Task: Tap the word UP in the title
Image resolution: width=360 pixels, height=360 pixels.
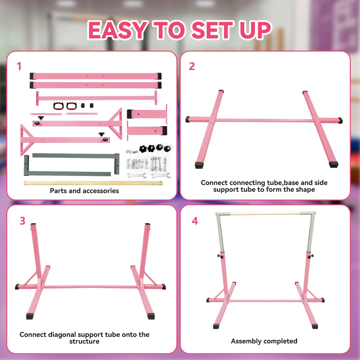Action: [x=255, y=30]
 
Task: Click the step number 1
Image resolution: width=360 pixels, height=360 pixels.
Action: [x=19, y=66]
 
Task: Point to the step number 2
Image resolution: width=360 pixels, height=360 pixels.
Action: [x=192, y=66]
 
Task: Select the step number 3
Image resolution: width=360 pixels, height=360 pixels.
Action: [x=23, y=221]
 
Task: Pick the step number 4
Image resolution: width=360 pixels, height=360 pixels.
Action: [x=195, y=221]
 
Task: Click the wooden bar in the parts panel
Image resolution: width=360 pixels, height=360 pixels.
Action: [x=93, y=183]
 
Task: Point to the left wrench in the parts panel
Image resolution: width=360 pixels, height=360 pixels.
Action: [x=137, y=175]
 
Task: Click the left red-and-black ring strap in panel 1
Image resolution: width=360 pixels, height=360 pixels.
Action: [x=58, y=106]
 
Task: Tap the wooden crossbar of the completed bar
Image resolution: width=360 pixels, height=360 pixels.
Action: [x=265, y=213]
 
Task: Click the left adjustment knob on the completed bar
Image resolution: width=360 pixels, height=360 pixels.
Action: [x=220, y=256]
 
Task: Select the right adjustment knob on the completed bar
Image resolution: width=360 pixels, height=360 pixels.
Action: [x=311, y=256]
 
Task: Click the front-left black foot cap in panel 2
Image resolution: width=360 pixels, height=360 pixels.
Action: [x=199, y=165]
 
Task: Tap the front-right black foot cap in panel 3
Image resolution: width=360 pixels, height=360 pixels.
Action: [x=151, y=316]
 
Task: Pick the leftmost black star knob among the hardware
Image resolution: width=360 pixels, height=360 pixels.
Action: [x=143, y=149]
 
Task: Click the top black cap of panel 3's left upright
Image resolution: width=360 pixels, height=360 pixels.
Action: [x=33, y=224]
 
